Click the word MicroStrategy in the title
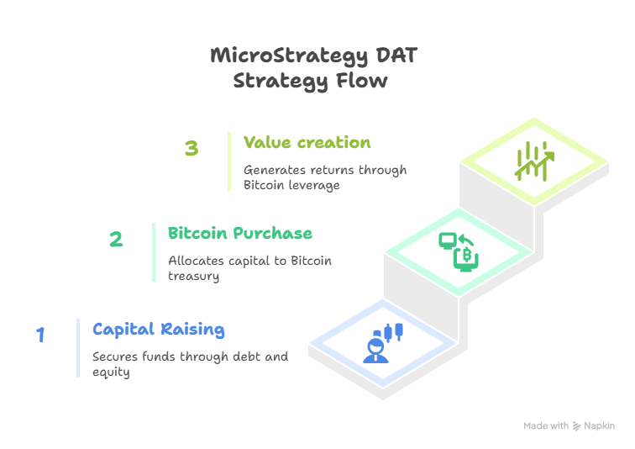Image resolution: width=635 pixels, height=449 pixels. pos(289,56)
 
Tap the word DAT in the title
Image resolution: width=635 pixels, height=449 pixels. pos(396,55)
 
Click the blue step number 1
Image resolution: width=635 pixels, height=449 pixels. pos(40,335)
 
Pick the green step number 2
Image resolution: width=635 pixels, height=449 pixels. pos(116,239)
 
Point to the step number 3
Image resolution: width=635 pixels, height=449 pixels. pos(192,148)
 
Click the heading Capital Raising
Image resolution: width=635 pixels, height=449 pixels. pos(159,330)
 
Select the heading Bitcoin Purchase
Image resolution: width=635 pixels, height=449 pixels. pos(240,234)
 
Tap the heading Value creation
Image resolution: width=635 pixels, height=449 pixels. pos(307,143)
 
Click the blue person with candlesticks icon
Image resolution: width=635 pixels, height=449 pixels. pos(383,343)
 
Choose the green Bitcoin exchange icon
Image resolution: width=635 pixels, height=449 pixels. pos(459,251)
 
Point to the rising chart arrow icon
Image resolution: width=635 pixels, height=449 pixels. pos(534,161)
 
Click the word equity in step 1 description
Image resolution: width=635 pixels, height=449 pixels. pos(111,372)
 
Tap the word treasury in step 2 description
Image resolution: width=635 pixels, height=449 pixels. pos(193,277)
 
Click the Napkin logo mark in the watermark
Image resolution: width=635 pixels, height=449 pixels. pos(576,426)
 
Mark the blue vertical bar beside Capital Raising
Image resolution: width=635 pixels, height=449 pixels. pos(78,348)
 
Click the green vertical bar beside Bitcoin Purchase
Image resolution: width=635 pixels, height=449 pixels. pos(154,252)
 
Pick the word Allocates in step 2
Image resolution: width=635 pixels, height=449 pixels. pos(196,261)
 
